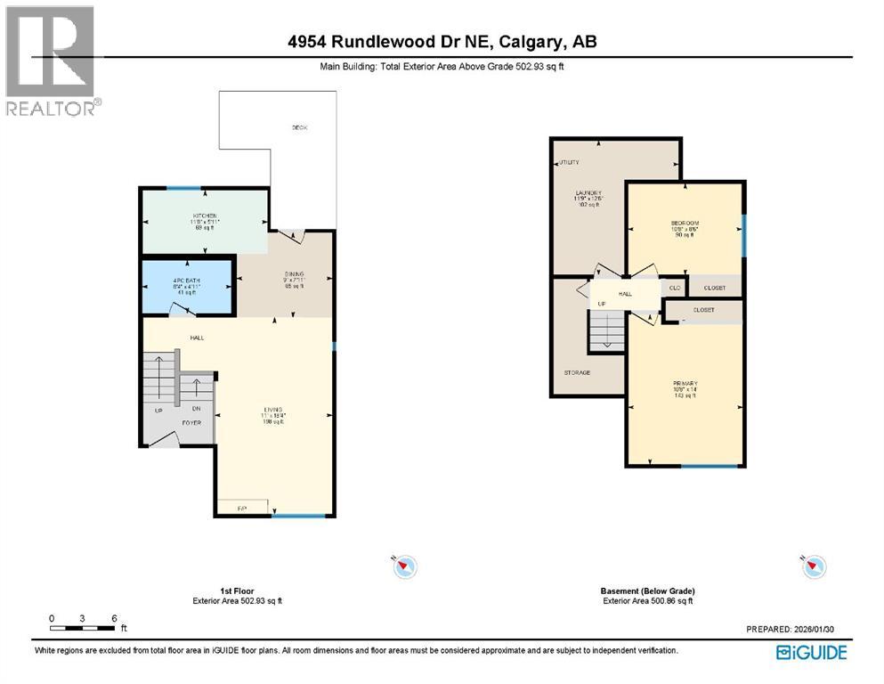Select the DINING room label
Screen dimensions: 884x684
[295, 274]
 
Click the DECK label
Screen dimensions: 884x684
[300, 128]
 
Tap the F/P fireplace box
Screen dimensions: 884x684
[241, 508]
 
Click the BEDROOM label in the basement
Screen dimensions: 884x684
[685, 223]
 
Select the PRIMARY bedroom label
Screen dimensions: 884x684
[685, 386]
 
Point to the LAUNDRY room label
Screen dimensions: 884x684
[588, 193]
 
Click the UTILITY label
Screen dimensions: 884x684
[568, 162]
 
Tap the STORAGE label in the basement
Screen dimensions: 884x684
[577, 372]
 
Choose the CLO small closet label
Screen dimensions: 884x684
[677, 288]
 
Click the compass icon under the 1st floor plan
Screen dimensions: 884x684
[405, 566]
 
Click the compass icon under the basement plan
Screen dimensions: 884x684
[814, 566]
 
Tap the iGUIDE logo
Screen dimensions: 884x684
[811, 653]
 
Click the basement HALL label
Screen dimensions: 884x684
[625, 292]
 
